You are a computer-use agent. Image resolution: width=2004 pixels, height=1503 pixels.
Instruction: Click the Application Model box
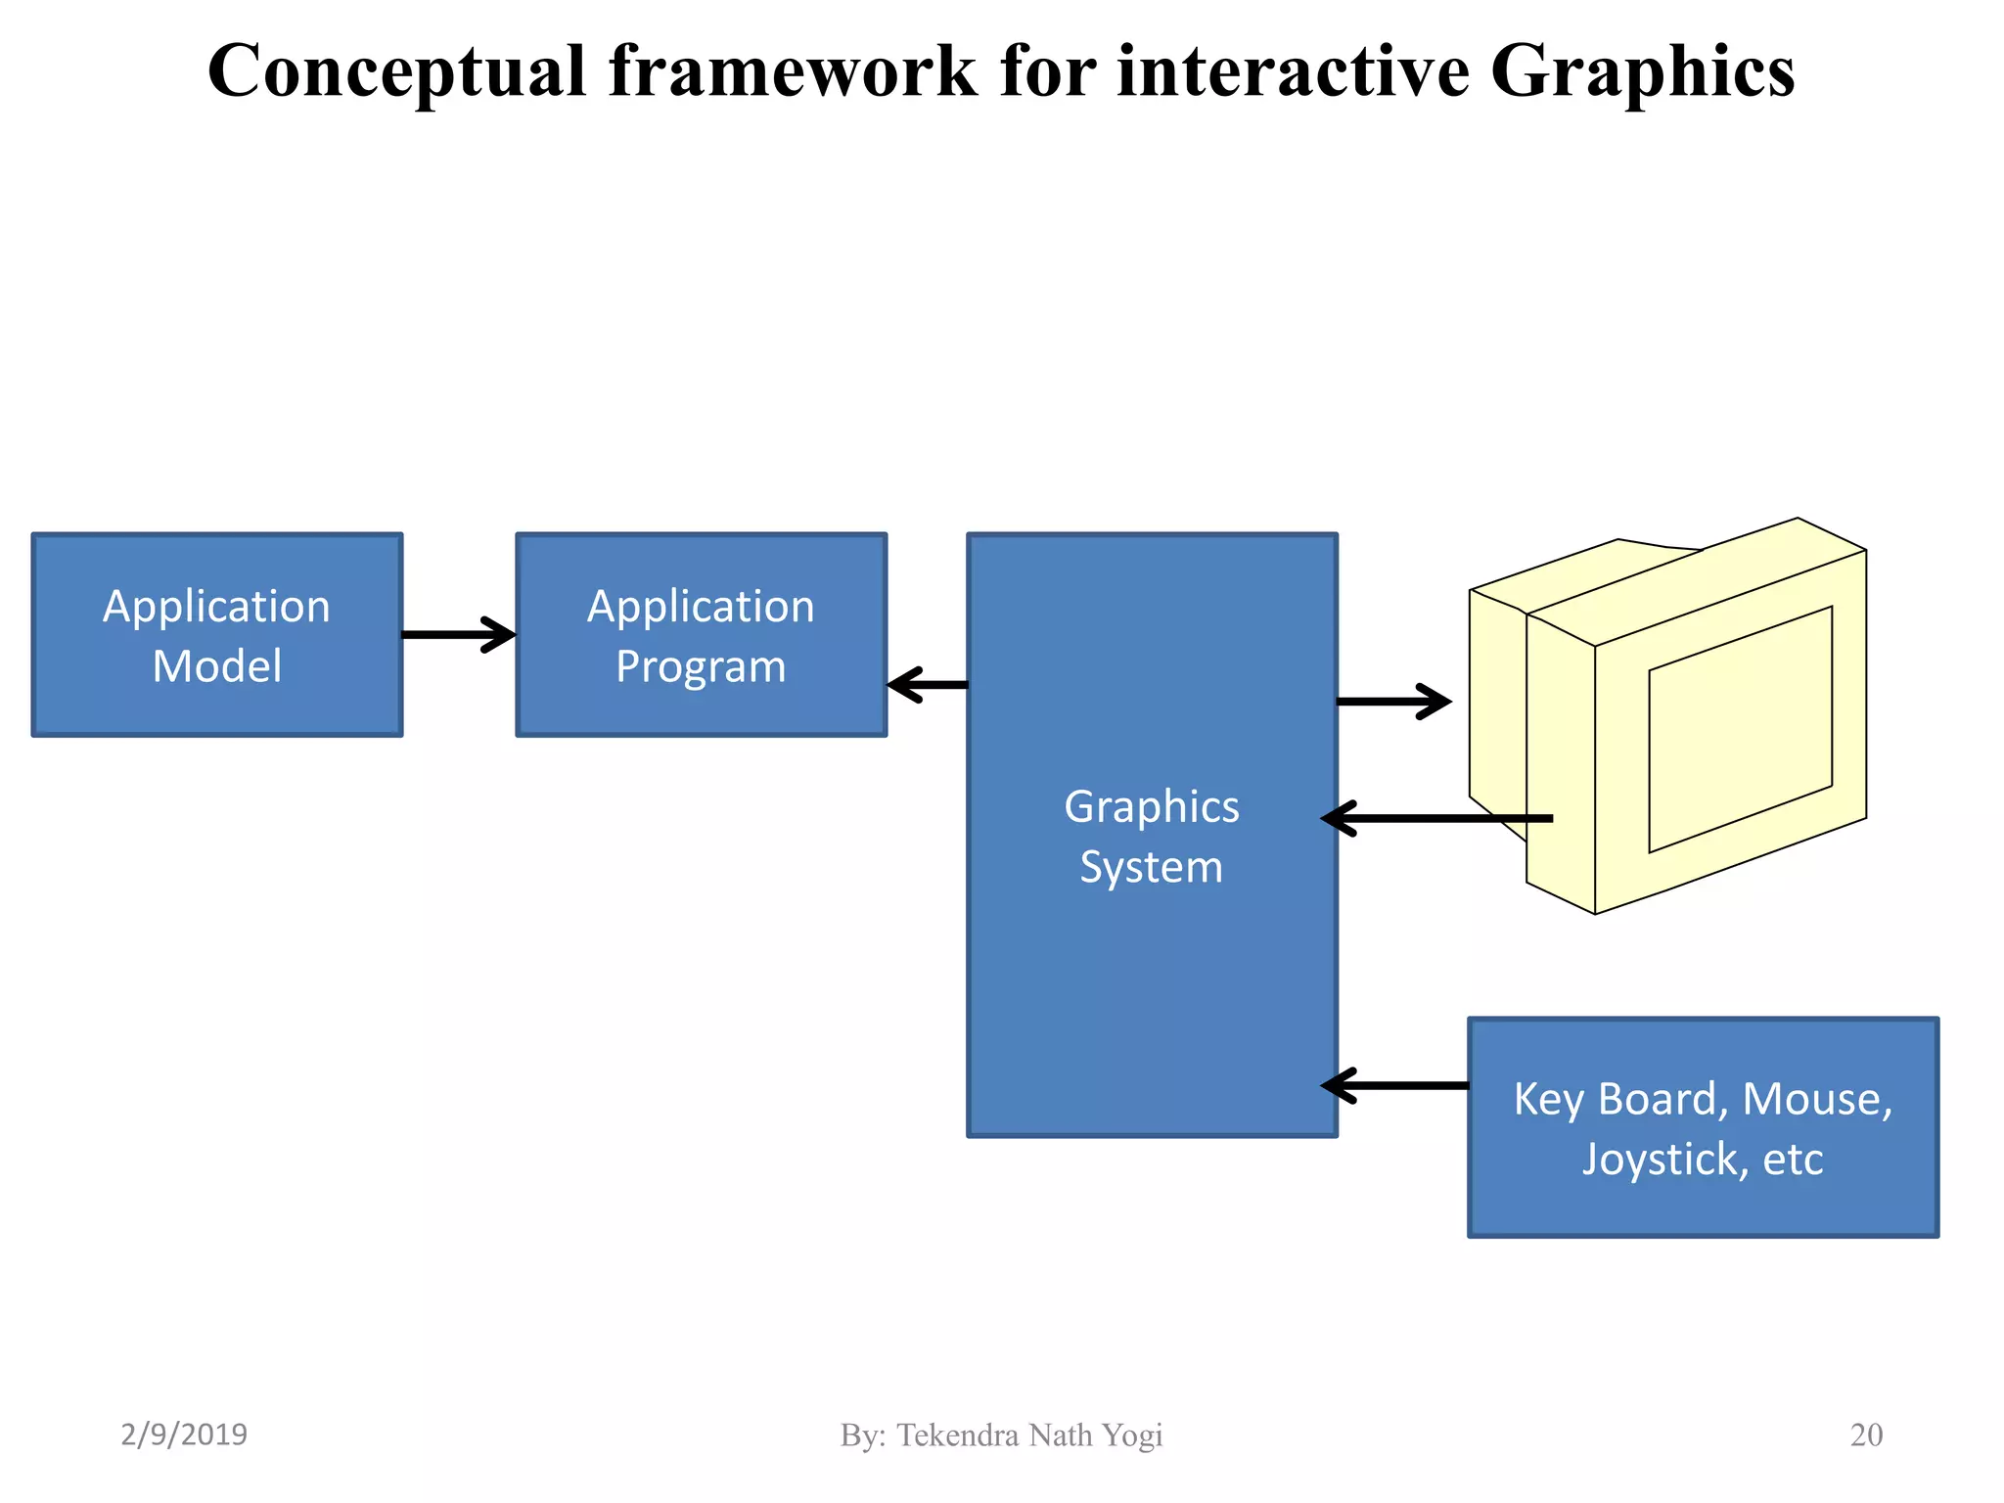tap(216, 635)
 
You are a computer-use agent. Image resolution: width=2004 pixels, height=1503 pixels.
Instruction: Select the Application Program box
tap(701, 635)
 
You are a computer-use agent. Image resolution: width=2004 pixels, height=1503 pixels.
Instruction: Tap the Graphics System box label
tap(1151, 837)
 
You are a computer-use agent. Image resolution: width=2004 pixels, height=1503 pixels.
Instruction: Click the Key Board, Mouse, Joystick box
tap(1703, 1127)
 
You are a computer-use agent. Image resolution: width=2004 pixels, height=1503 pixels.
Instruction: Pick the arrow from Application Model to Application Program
tap(458, 634)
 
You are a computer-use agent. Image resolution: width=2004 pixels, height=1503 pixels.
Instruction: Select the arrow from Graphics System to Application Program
tap(927, 685)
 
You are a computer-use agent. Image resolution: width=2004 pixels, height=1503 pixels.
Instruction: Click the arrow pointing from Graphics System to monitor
tap(1393, 702)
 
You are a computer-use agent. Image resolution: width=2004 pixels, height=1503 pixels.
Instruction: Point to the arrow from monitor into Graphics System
tap(1436, 818)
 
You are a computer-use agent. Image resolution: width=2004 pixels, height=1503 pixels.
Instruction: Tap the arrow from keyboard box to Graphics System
tap(1394, 1085)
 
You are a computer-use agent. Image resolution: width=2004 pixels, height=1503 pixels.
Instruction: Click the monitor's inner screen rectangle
tap(1740, 730)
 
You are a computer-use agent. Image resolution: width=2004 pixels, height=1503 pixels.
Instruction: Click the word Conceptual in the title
tap(396, 71)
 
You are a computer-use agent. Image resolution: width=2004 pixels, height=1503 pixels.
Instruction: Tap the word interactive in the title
tap(1293, 71)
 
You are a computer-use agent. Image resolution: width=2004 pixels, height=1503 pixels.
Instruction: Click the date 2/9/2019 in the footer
tap(184, 1435)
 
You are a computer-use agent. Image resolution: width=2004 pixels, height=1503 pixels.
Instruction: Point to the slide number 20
tap(1866, 1435)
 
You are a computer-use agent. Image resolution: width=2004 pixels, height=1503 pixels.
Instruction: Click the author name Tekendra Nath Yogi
tap(1029, 1435)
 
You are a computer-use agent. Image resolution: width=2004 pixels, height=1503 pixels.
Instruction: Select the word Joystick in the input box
tap(1658, 1161)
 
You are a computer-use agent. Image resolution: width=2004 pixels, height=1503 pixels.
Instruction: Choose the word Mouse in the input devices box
tap(1817, 1099)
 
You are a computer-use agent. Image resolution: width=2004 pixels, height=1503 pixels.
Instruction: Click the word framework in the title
tap(793, 71)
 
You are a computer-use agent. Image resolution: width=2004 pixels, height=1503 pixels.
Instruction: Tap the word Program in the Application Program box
tap(701, 667)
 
